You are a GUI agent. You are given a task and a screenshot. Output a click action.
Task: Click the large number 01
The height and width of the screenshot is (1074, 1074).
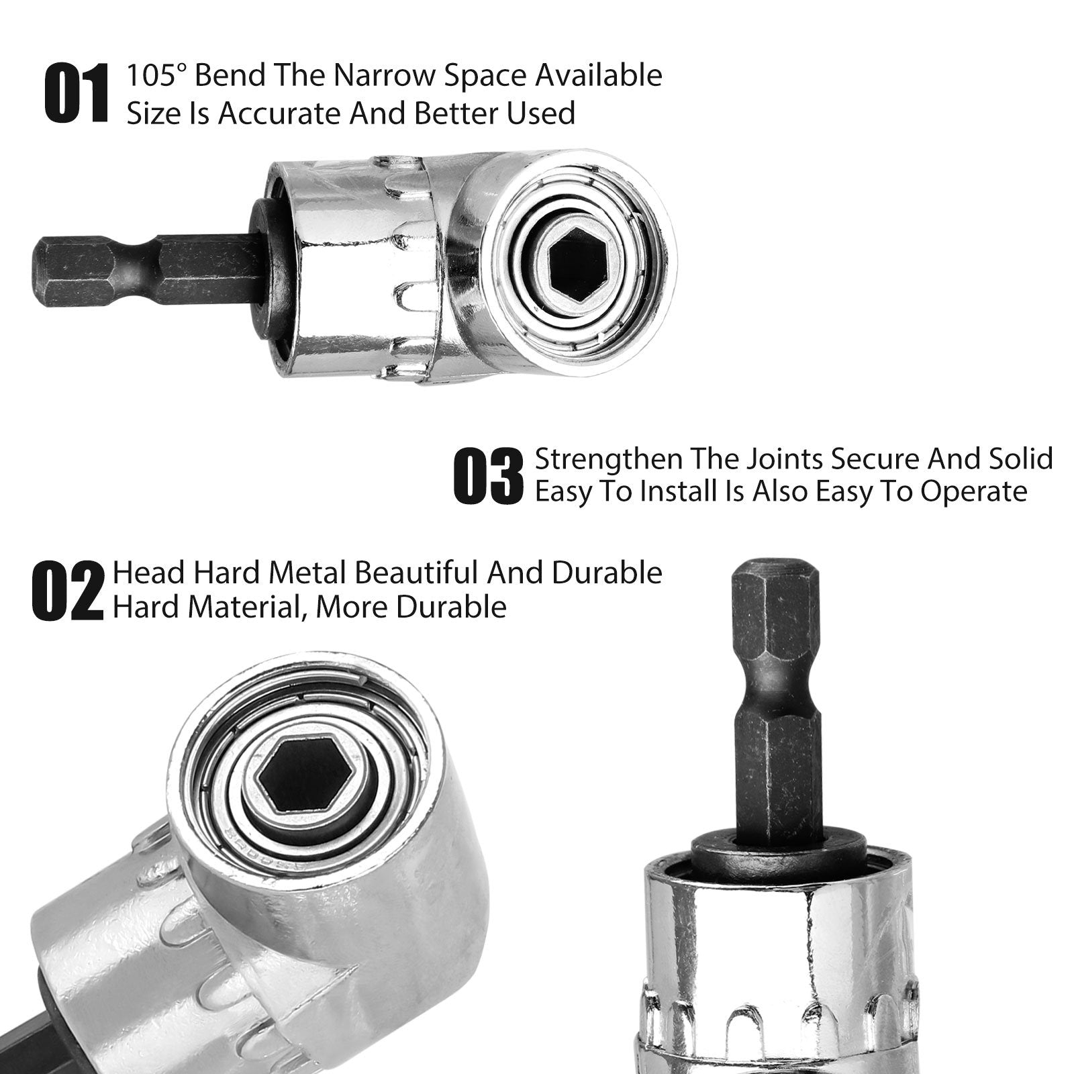tap(76, 94)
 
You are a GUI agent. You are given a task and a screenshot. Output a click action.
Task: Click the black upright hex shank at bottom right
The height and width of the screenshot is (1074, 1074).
tap(779, 725)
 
